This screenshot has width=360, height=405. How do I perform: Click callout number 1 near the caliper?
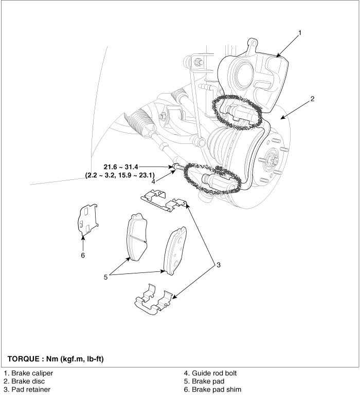pos(300,32)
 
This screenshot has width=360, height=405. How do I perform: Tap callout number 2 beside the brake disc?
pos(313,98)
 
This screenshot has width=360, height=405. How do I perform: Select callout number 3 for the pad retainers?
pos(218,265)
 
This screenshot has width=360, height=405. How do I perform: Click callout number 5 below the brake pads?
pos(105,277)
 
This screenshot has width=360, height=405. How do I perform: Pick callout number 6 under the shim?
pos(83,254)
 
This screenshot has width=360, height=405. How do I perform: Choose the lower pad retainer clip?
pos(153,300)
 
